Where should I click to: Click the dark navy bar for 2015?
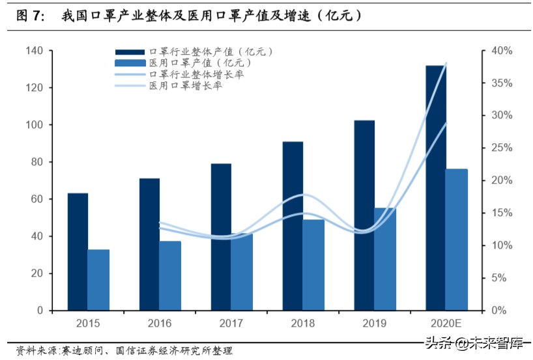[78, 252]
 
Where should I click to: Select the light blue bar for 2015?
[98, 280]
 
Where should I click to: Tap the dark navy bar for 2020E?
[436, 188]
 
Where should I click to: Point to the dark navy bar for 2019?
[364, 215]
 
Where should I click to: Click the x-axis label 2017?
[231, 324]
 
